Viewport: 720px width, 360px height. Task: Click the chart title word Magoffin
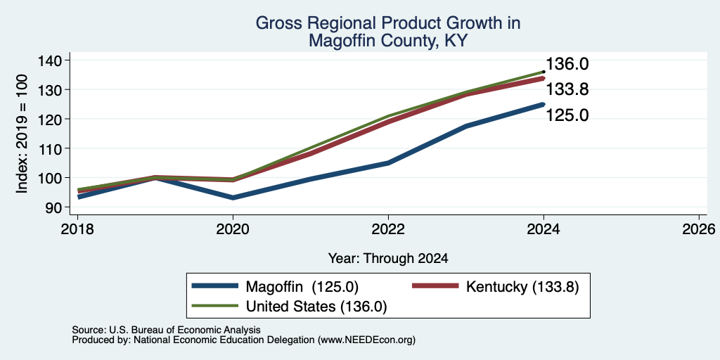338,40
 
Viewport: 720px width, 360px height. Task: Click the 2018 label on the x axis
77,229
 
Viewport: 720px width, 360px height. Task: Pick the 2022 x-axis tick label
388,229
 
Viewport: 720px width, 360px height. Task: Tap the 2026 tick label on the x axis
699,229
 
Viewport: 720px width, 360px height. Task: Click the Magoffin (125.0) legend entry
275,287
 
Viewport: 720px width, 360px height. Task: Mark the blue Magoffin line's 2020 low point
233,198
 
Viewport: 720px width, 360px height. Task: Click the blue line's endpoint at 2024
544,104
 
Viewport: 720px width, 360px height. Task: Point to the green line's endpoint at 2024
544,72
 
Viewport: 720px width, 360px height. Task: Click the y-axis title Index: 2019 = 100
22,134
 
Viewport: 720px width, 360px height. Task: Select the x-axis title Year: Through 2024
388,259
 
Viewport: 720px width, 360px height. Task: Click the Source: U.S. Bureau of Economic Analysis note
166,330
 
